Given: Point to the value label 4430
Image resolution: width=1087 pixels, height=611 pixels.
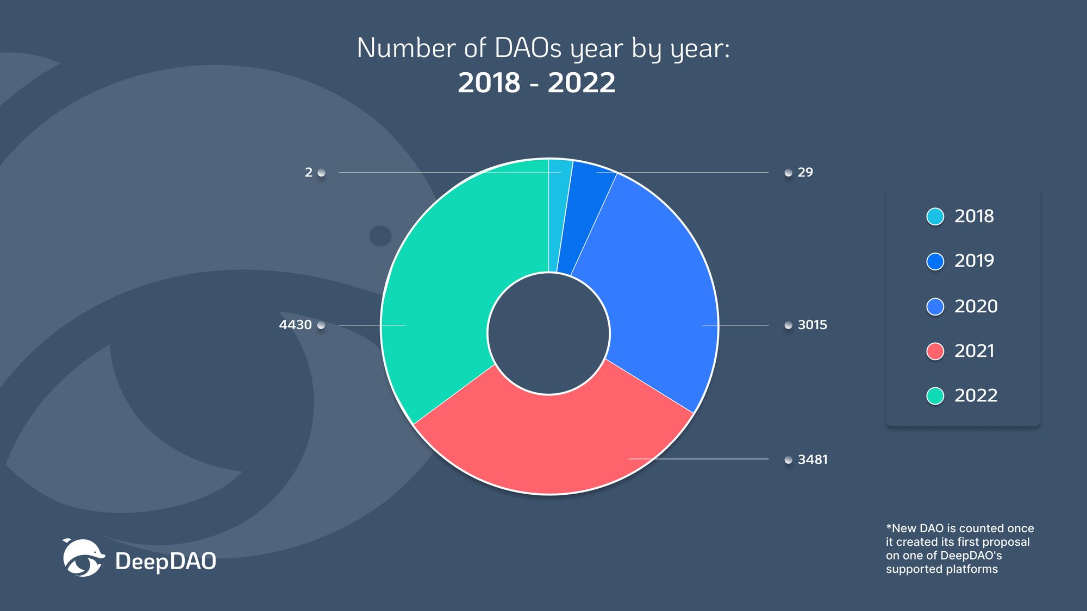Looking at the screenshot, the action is [x=295, y=325].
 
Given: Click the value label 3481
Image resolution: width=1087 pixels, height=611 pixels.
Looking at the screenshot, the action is [x=813, y=459].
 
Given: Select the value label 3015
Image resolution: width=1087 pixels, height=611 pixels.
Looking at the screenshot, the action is [x=812, y=325].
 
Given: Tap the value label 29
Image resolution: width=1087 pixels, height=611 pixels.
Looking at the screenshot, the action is [x=805, y=172].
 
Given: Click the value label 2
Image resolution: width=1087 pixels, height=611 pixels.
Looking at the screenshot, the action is [x=309, y=172].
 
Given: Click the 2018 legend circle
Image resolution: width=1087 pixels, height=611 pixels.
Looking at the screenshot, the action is [x=935, y=216].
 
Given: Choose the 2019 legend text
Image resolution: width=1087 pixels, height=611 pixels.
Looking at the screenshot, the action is [x=974, y=261].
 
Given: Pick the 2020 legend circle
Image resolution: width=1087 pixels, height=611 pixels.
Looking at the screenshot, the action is [x=935, y=306].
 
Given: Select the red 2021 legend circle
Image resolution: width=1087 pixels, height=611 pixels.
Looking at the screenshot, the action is [x=935, y=351].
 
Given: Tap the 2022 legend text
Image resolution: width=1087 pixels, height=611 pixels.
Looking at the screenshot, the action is [x=976, y=395].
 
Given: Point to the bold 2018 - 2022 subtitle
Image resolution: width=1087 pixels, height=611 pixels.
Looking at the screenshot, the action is [x=536, y=83].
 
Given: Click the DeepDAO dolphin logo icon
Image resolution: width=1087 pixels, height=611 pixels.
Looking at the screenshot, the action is [x=83, y=558].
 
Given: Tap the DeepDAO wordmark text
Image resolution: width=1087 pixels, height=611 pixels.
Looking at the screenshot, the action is [x=166, y=562].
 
